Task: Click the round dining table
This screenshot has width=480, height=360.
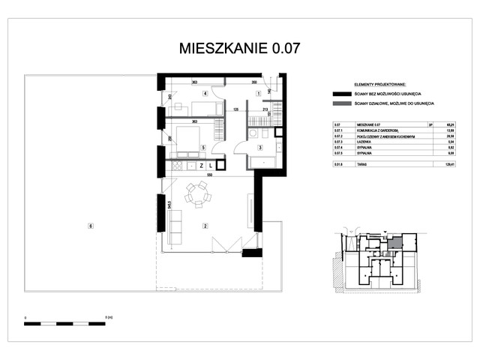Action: coord(198,194)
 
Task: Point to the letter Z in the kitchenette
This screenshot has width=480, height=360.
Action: coord(202,164)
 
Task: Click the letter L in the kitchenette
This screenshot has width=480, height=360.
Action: coord(211,164)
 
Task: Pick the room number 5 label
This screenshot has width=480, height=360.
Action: coord(203,148)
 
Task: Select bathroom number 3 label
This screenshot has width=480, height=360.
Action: coord(259,148)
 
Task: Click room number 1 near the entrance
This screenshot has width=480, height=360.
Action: coord(259,94)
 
